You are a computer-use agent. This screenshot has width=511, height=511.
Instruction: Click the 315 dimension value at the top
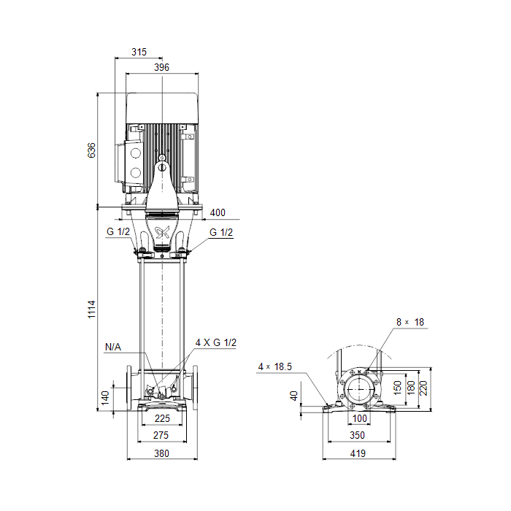(x=139, y=52)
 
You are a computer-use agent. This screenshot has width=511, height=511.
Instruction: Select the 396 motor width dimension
(x=161, y=67)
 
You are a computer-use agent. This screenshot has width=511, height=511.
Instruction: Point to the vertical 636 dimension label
(x=91, y=150)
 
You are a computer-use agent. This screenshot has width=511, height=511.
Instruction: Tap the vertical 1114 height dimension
(x=91, y=310)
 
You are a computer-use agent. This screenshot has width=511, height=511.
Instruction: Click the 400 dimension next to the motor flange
(x=218, y=212)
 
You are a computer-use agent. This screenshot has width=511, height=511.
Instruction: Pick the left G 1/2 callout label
(x=118, y=231)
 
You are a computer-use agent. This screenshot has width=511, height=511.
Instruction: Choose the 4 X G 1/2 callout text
(x=216, y=342)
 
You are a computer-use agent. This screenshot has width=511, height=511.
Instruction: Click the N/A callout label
(x=113, y=347)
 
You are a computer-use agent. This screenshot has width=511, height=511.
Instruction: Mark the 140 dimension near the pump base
(x=105, y=398)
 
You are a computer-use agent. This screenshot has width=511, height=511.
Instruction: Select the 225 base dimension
(x=162, y=418)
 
